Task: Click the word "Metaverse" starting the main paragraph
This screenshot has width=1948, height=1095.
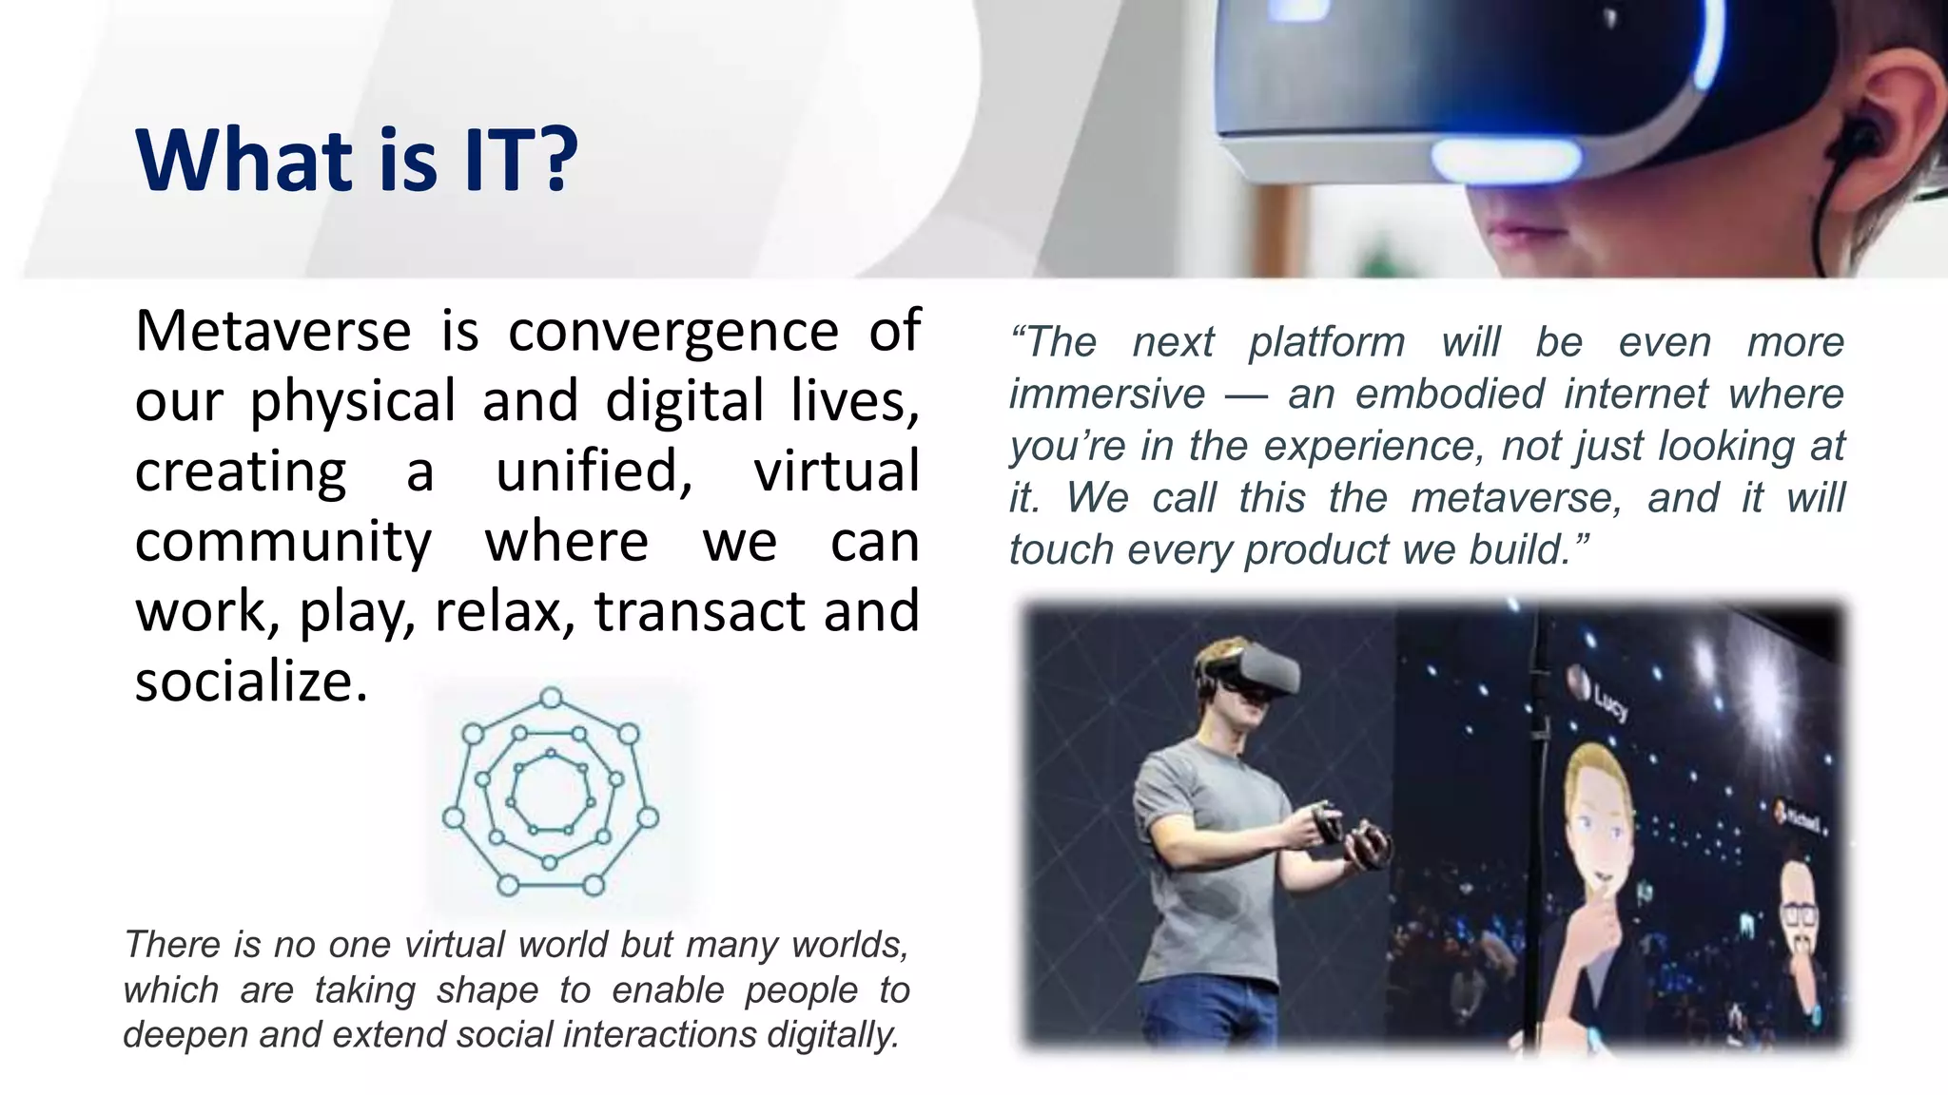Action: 273,331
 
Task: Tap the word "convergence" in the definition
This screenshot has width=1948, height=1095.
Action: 673,331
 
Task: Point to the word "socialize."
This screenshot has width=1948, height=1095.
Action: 251,682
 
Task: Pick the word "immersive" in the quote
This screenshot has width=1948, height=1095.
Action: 1107,394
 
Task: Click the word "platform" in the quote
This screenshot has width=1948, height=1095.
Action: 1327,342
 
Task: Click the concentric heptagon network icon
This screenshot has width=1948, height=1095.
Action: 551,792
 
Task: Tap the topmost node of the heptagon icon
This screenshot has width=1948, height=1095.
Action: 551,699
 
